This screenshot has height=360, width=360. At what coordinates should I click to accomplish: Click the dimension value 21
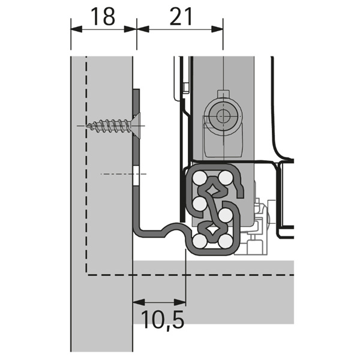(181, 16)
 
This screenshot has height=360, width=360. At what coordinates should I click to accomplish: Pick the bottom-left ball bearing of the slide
(199, 241)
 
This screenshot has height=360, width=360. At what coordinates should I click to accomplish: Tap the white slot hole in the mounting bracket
(136, 179)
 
